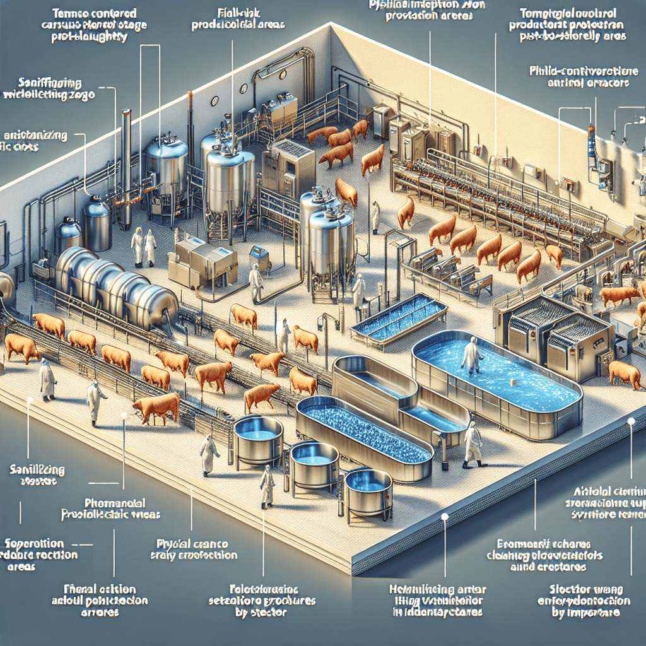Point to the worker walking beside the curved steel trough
click(x=472, y=443)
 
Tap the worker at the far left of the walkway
click(x=47, y=379)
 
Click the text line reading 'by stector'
click(x=265, y=611)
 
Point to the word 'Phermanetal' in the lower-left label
click(x=115, y=503)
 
